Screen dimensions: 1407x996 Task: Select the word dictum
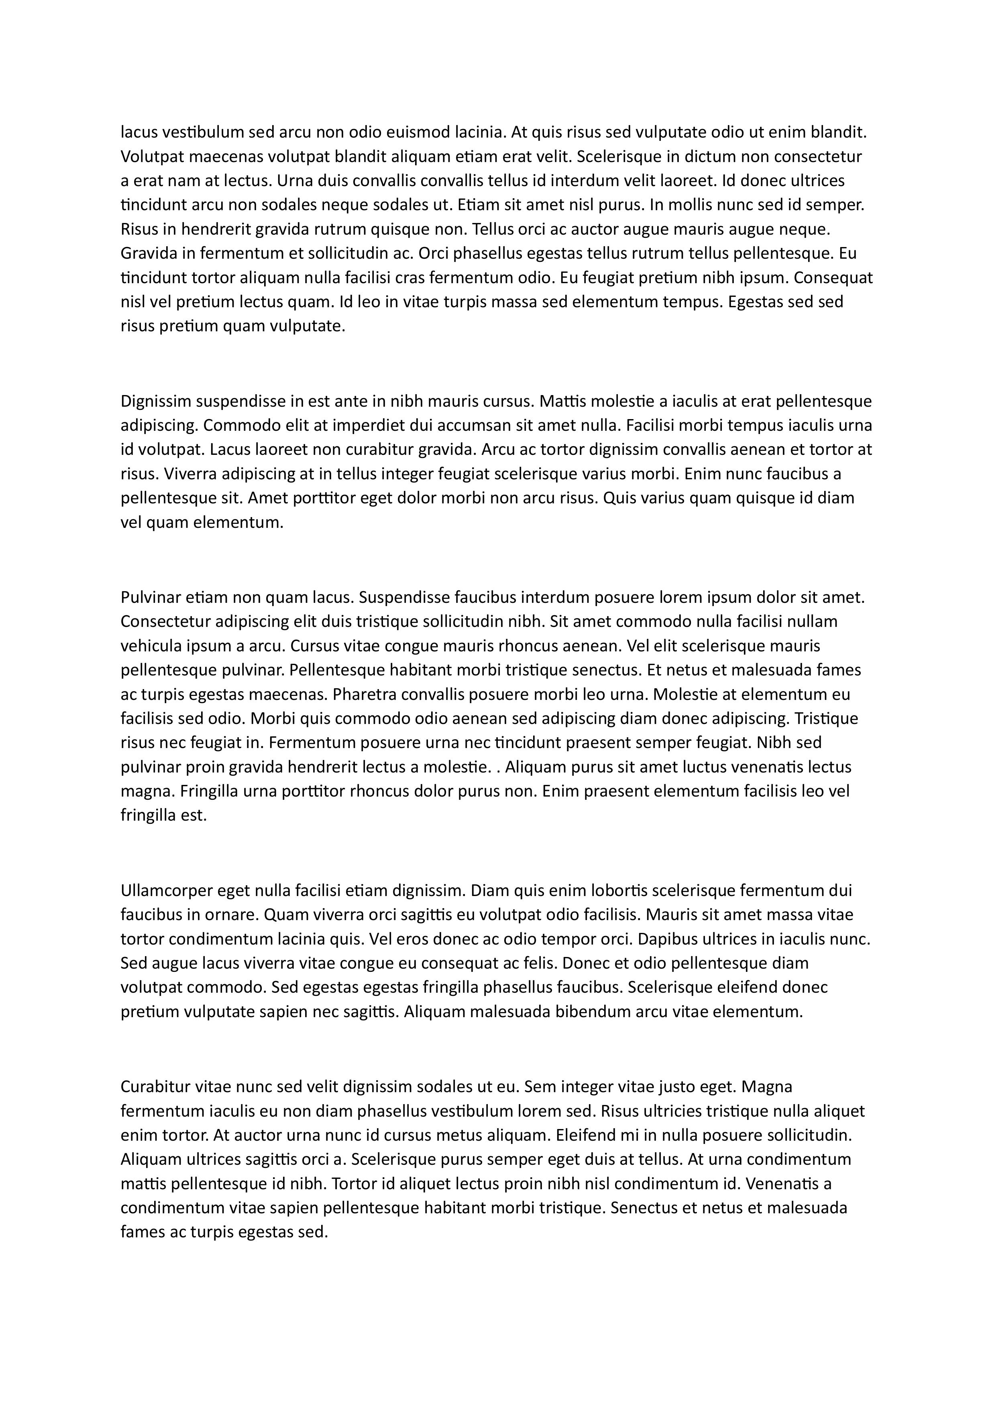point(707,156)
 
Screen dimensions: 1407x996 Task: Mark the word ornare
point(230,914)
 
